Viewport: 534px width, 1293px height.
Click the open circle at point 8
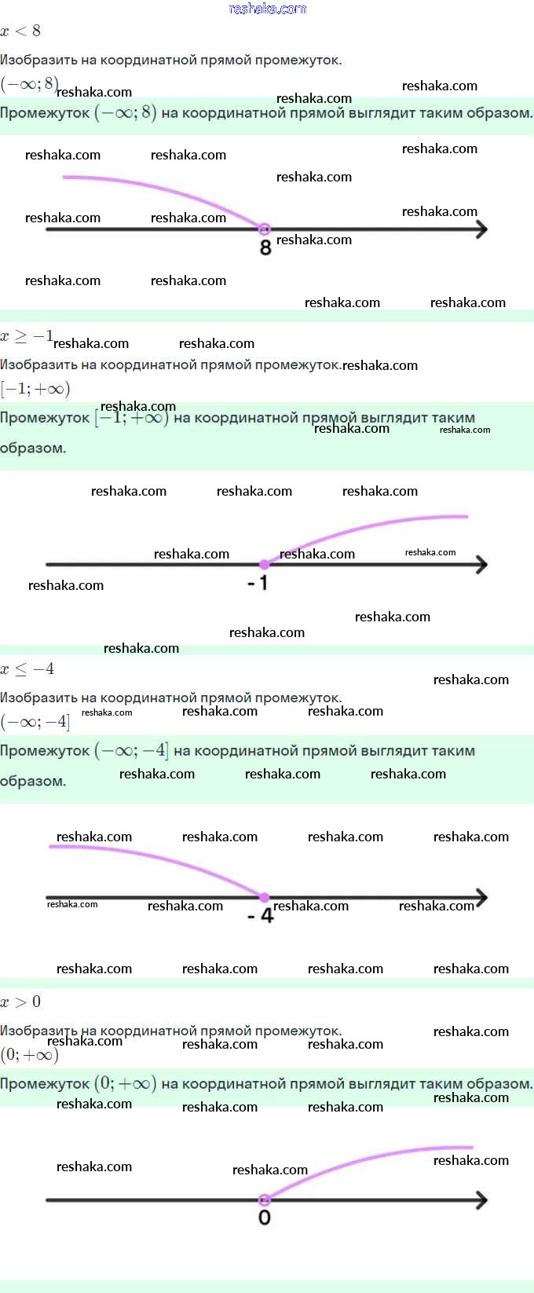click(x=265, y=229)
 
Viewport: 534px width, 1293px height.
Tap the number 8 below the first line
click(x=265, y=248)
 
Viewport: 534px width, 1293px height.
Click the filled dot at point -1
click(x=265, y=564)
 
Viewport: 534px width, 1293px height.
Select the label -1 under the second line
click(x=258, y=583)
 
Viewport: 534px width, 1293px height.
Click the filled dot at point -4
click(x=265, y=897)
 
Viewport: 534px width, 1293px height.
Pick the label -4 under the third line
click(x=261, y=916)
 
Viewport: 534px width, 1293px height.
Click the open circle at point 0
click(x=265, y=1200)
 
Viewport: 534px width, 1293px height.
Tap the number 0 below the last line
click(x=265, y=1218)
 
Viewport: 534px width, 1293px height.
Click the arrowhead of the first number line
click(x=481, y=229)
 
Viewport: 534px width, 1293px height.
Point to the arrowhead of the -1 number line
click(x=481, y=564)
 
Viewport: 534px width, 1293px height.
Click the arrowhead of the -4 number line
click(x=481, y=897)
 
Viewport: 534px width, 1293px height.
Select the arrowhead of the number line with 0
click(x=481, y=1200)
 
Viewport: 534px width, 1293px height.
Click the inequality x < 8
click(x=20, y=31)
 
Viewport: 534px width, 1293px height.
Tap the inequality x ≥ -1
click(x=27, y=337)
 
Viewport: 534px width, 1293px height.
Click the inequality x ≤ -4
click(x=27, y=669)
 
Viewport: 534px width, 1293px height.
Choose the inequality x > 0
click(x=20, y=1002)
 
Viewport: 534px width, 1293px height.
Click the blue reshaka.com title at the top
click(x=267, y=9)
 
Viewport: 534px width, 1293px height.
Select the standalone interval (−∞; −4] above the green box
click(x=35, y=721)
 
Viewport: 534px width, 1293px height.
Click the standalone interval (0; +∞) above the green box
click(x=30, y=1054)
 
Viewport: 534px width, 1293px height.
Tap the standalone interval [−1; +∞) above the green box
click(x=35, y=389)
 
